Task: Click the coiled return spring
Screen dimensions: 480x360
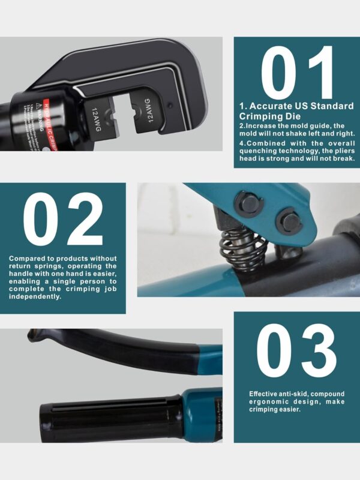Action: (239, 246)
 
